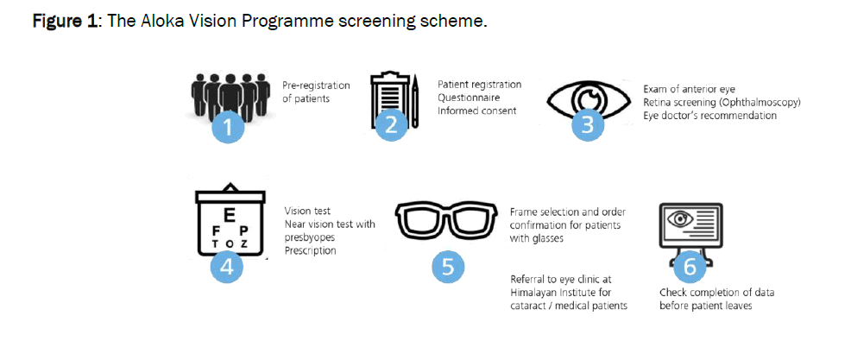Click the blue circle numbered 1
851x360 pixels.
click(x=227, y=127)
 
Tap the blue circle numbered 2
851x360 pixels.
click(x=391, y=125)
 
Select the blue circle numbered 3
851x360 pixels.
click(x=588, y=125)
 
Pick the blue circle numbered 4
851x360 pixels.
click(x=226, y=267)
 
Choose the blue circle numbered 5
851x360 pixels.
click(x=447, y=267)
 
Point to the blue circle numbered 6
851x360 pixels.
click(x=690, y=267)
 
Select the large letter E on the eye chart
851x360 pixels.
click(x=229, y=212)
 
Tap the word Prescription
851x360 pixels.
click(x=311, y=250)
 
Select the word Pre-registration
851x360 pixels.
click(x=316, y=85)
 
